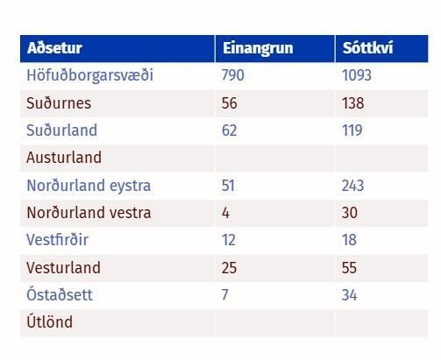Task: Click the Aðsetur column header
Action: point(54,48)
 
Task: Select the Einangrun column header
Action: point(258,48)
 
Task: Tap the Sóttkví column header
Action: point(367,48)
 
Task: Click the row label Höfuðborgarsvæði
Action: point(89,75)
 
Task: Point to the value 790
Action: point(232,75)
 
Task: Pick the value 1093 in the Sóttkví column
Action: point(357,75)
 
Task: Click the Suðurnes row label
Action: point(59,102)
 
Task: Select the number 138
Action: point(353,103)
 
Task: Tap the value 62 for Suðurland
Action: point(229,131)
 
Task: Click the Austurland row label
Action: point(64,158)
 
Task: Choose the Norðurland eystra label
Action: point(89,186)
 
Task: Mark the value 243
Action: point(352,186)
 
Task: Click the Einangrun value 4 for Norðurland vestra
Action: point(225,213)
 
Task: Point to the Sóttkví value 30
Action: point(350,213)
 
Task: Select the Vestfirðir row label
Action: point(57,240)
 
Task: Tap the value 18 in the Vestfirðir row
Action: point(349,240)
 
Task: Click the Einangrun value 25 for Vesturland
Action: point(229,268)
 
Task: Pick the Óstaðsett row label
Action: point(60,294)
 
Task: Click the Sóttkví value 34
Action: point(350,295)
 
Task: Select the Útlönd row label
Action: point(49,321)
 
